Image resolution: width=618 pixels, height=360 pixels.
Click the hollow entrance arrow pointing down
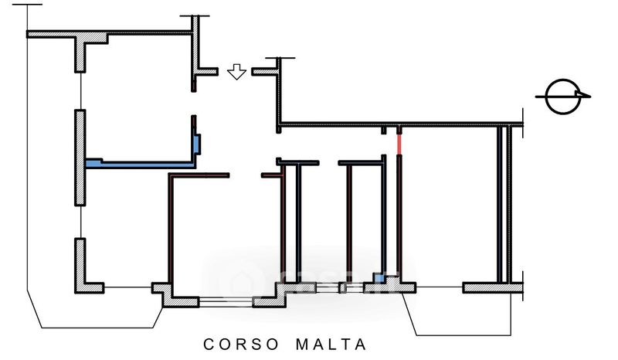click(237, 73)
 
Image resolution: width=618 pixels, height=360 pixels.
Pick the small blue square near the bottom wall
click(379, 278)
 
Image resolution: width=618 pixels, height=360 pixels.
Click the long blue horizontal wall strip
click(139, 164)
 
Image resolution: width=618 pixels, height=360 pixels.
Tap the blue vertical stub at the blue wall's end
click(198, 144)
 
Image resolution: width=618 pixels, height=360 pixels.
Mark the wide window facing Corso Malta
click(226, 302)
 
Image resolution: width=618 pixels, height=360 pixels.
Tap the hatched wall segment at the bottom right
click(494, 288)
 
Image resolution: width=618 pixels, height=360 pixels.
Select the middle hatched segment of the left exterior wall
click(80, 158)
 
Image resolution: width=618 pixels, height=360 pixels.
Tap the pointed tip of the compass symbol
click(590, 97)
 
